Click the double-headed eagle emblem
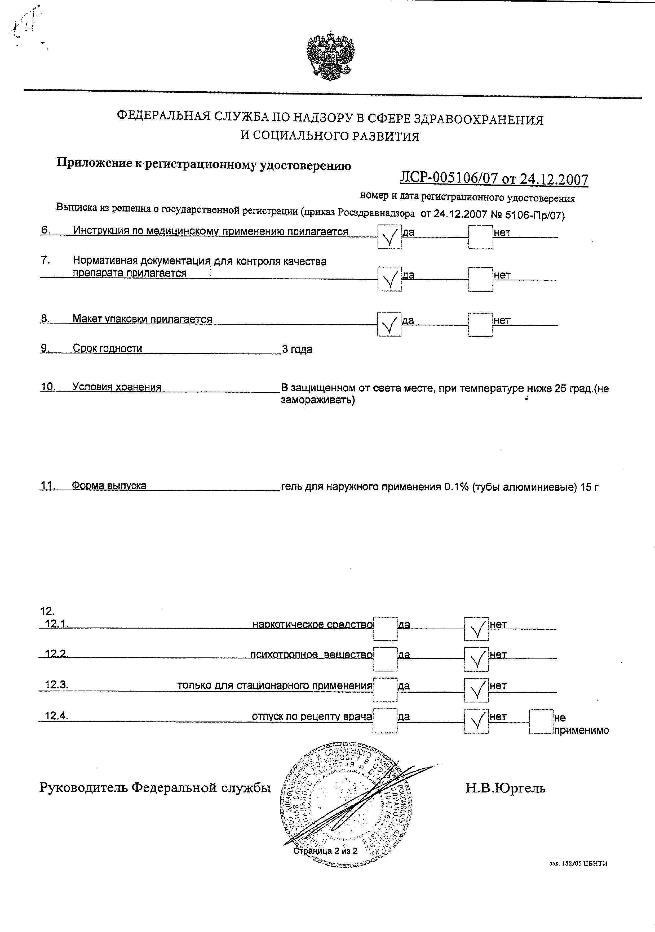point(330,56)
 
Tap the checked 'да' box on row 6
point(389,237)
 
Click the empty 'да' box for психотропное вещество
point(385,659)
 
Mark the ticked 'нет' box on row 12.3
point(476,690)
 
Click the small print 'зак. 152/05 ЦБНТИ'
point(578,875)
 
